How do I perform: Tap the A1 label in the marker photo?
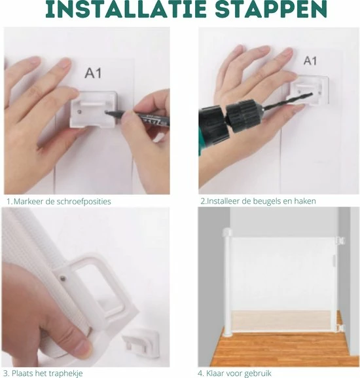(x=93, y=73)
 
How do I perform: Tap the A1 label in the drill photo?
(x=310, y=60)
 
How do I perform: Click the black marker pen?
(x=137, y=117)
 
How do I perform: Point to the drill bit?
(x=287, y=101)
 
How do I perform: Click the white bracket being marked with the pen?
(x=94, y=109)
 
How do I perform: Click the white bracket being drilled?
(x=310, y=90)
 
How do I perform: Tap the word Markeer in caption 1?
(x=28, y=201)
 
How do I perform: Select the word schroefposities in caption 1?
(x=83, y=202)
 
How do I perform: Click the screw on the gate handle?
(x=63, y=279)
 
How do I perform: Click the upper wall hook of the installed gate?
(x=341, y=240)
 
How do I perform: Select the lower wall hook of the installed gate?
(x=341, y=328)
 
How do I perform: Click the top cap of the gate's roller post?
(x=227, y=232)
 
